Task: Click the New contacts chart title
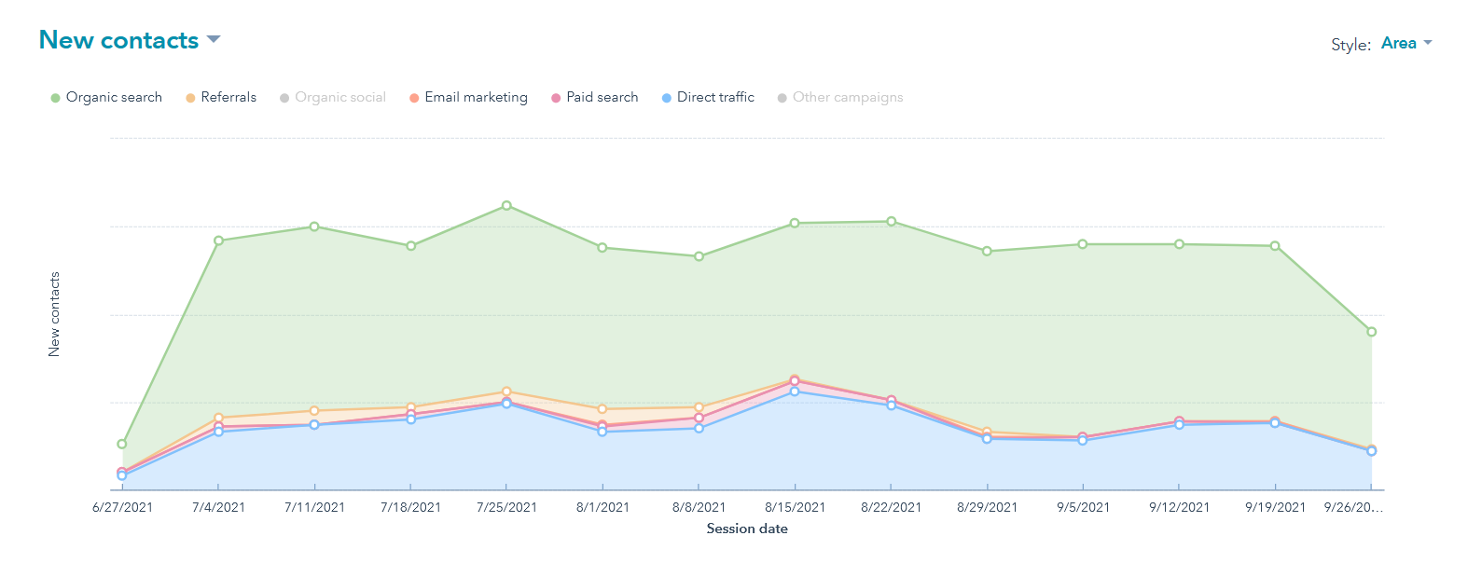coord(118,41)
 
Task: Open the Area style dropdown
coord(1406,44)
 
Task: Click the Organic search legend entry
coord(106,97)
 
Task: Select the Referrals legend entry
coord(221,97)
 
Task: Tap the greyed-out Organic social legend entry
coord(333,97)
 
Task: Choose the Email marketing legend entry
coord(468,97)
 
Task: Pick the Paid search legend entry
coord(595,97)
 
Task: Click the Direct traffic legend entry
coord(708,97)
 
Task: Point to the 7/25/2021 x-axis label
coord(506,507)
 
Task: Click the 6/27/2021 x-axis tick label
coord(122,507)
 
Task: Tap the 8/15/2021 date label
coord(795,507)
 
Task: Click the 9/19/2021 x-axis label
coord(1275,507)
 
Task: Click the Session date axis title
coord(747,529)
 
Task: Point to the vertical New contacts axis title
coord(54,314)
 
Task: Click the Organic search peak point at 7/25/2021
coord(506,205)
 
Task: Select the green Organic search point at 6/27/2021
coord(122,444)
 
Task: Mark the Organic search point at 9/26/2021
coord(1371,332)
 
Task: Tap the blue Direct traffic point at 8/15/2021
coord(795,392)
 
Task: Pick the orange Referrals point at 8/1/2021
coord(602,409)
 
